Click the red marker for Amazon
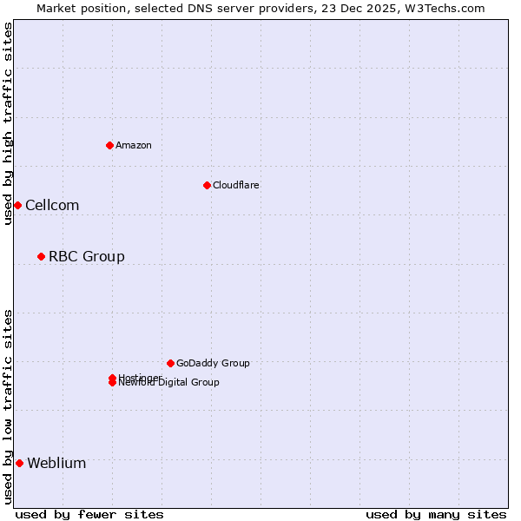click(109, 145)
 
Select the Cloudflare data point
click(207, 185)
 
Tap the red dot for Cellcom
click(17, 205)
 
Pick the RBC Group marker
click(41, 256)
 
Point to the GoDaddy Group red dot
click(170, 363)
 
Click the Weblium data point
click(19, 463)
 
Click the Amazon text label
click(133, 145)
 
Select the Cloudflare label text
click(235, 185)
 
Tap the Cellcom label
click(52, 205)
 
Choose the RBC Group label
click(86, 256)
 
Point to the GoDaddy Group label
click(213, 363)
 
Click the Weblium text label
click(56, 463)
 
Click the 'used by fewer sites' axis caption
click(89, 514)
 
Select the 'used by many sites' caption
click(436, 514)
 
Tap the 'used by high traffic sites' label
click(8, 123)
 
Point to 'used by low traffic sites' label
click(8, 406)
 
